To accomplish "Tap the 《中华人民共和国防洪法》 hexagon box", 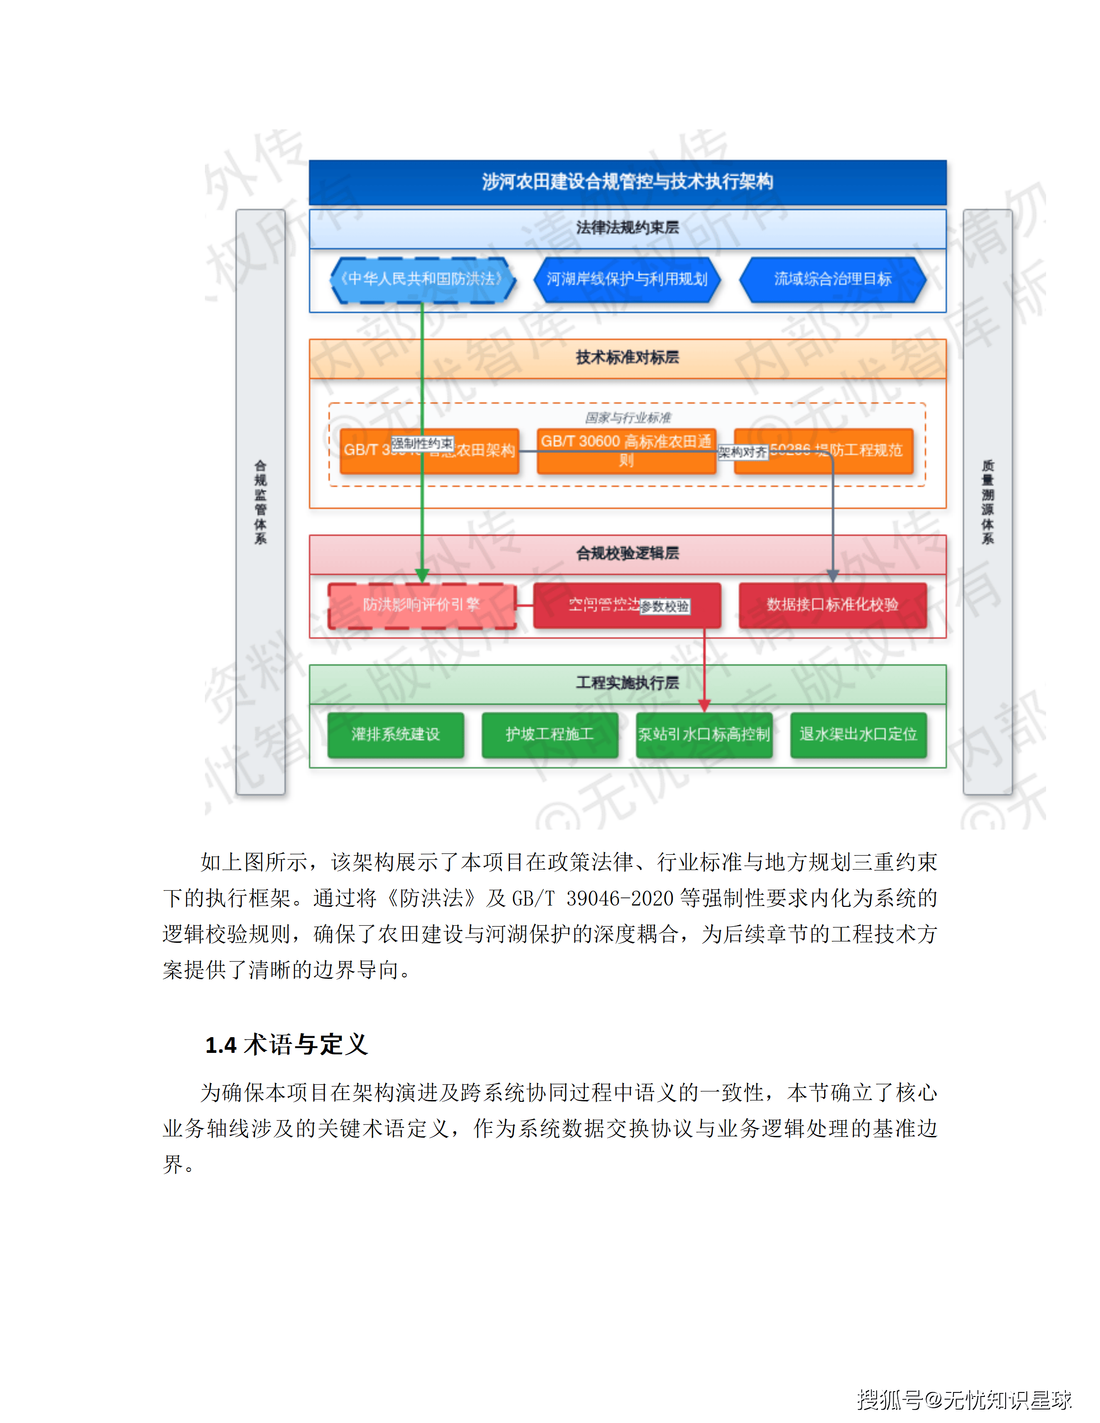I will [x=422, y=279].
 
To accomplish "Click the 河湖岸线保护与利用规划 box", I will [x=627, y=279].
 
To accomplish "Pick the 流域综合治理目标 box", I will [x=832, y=279].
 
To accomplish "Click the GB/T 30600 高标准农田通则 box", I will [x=626, y=450].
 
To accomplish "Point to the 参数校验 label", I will [x=664, y=606].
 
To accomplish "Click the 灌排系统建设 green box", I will [x=395, y=735].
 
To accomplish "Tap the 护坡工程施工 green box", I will [x=550, y=735].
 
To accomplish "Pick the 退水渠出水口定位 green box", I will [x=858, y=735].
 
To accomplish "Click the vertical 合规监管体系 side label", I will [x=260, y=502].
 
